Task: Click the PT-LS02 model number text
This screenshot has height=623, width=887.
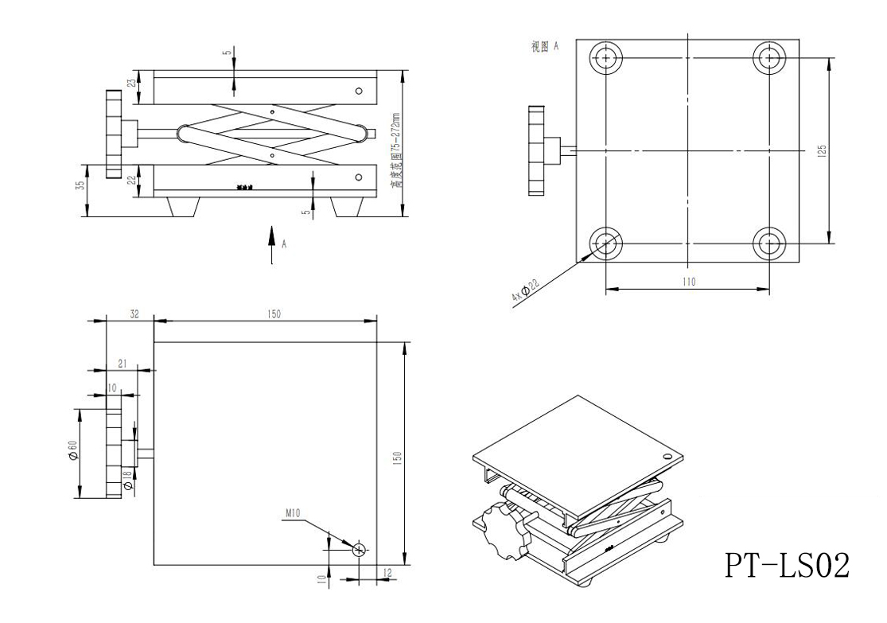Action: [x=787, y=565]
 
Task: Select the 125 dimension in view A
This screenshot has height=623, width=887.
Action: [x=822, y=150]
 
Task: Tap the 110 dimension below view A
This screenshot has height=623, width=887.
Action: [x=688, y=282]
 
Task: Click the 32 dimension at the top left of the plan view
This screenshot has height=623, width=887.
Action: [x=134, y=314]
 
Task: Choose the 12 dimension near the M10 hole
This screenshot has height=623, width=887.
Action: [x=387, y=573]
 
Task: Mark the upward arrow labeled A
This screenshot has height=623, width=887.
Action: [x=272, y=243]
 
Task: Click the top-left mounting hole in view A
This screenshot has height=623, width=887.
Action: [x=606, y=58]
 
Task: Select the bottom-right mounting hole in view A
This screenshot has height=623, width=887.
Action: [x=769, y=243]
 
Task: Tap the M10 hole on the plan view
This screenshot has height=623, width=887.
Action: [x=360, y=549]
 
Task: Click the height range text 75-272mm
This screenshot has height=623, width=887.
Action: [x=395, y=151]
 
